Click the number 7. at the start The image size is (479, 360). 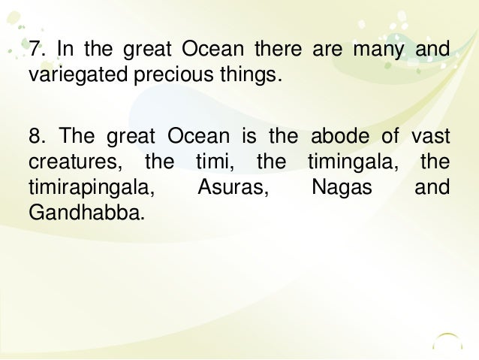point(37,51)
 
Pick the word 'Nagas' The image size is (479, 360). point(342,186)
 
